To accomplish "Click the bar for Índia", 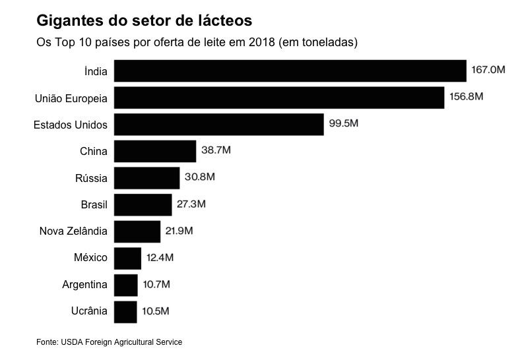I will coord(290,71).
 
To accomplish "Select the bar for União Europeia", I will coord(279,98).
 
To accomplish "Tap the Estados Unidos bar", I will coord(219,124).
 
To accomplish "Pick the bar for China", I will coord(155,151).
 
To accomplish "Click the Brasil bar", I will coord(143,204).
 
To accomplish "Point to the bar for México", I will coord(127,258).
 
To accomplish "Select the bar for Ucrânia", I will coord(125,311).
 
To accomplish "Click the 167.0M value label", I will coord(488,69).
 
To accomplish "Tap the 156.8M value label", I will coord(466,96).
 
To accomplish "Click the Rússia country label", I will coord(91,178).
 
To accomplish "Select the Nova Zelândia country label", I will coord(73,231).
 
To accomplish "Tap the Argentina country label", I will coord(84,285).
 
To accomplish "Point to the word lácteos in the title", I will coord(224,21).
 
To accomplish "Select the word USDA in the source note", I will coord(72,342).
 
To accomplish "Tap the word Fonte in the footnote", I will coord(47,342).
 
